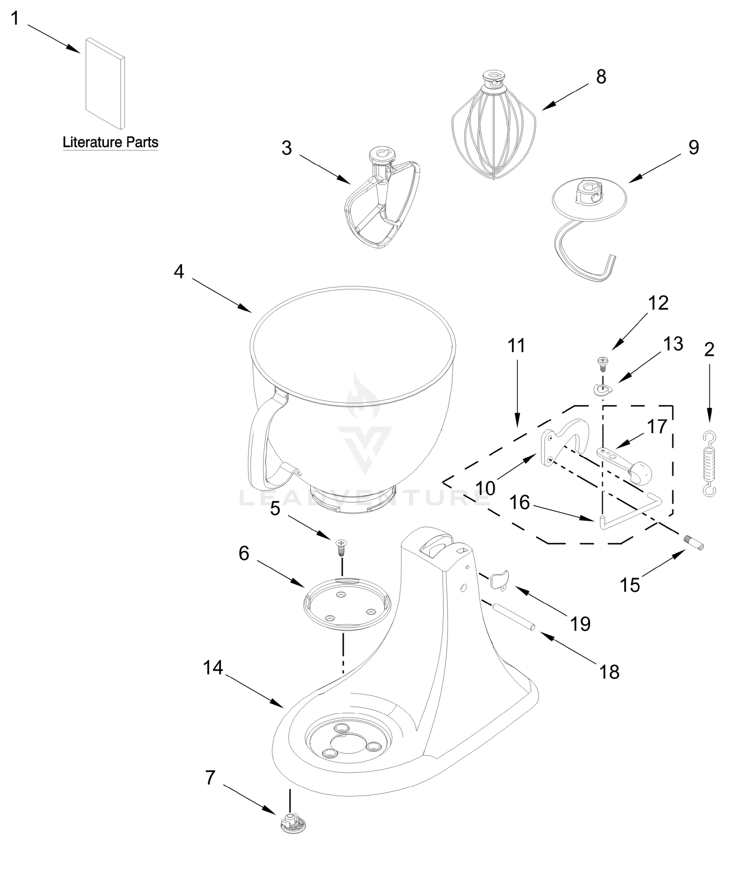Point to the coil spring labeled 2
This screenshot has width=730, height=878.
pos(709,464)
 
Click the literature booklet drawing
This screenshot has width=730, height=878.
pos(105,84)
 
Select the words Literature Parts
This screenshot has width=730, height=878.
pos(110,142)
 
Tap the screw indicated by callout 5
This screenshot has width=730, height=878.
pos(341,547)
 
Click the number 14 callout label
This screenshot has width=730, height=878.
pos(213,668)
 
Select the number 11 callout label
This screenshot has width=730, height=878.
pos(517,346)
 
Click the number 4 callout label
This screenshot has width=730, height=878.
pos(179,272)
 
